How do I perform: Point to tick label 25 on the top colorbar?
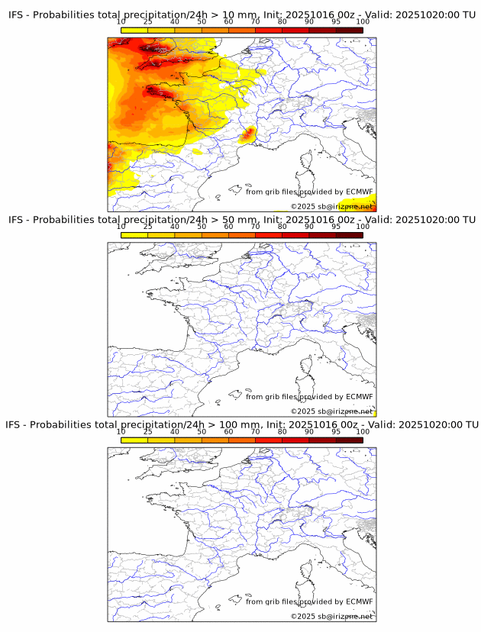(148, 21)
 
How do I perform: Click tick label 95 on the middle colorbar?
(336, 227)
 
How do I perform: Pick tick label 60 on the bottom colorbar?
(228, 431)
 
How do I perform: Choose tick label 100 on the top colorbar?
(363, 21)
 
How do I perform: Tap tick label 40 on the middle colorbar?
(175, 227)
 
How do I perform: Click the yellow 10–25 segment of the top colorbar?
(134, 30)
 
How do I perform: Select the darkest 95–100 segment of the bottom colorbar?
(349, 440)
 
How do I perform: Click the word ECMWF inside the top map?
(359, 192)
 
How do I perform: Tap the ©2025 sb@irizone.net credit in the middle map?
(331, 411)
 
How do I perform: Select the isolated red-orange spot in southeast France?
(248, 136)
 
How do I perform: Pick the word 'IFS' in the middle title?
(18, 220)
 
